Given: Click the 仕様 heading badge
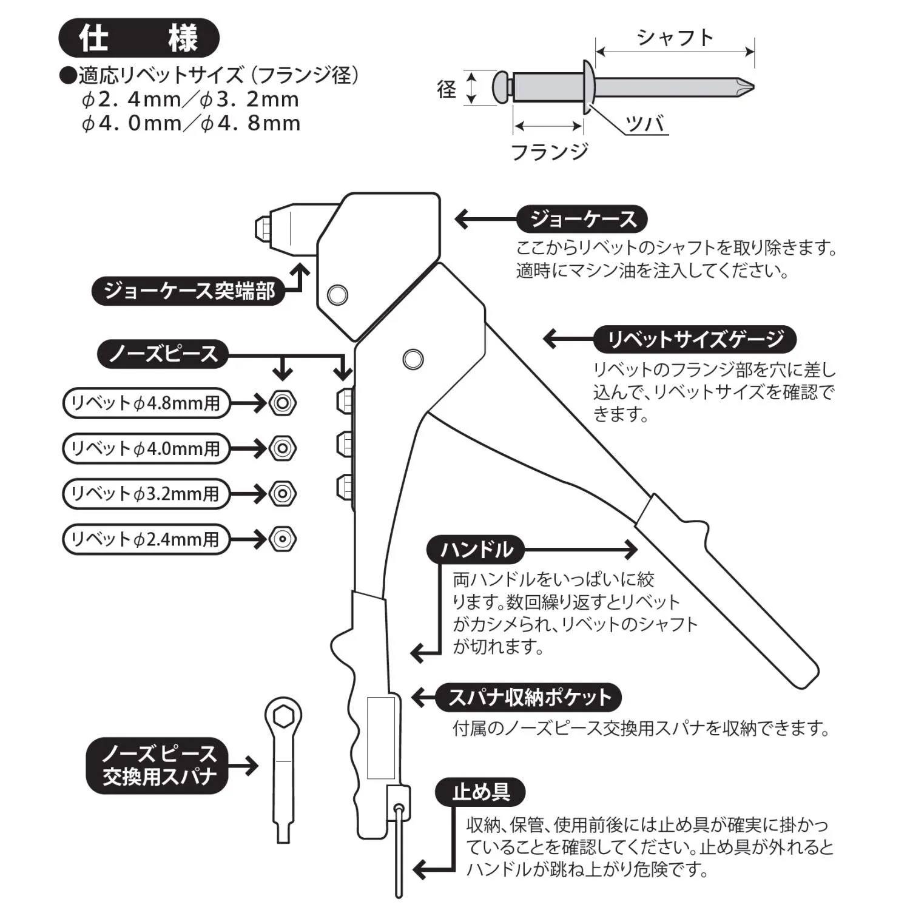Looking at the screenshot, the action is pyautogui.click(x=138, y=38).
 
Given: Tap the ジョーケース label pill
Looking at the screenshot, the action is pyautogui.click(x=582, y=219).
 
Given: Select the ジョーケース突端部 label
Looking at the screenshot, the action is pyautogui.click(x=189, y=291).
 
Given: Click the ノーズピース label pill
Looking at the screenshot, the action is pyautogui.click(x=163, y=354).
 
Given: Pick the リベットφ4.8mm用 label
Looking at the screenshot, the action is pyautogui.click(x=146, y=403).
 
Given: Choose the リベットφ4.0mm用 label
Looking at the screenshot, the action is pyautogui.click(x=146, y=449).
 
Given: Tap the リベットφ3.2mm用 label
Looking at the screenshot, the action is pyautogui.click(x=146, y=494).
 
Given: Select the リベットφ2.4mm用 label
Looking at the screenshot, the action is pyautogui.click(x=146, y=539).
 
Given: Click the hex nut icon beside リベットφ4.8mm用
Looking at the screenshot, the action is pyautogui.click(x=282, y=403).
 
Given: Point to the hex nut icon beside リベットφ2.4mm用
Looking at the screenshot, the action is pyautogui.click(x=282, y=539).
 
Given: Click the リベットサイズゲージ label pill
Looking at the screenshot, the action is pyautogui.click(x=695, y=339).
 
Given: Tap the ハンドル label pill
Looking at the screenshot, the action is pyautogui.click(x=476, y=550).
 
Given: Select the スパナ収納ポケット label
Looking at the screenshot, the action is pyautogui.click(x=529, y=698).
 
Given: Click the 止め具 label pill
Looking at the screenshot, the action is pyautogui.click(x=480, y=792).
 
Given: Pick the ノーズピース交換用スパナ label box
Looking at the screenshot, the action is pyautogui.click(x=157, y=766).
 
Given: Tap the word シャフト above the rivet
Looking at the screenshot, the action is pyautogui.click(x=675, y=38).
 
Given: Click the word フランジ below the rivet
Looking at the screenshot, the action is pyautogui.click(x=550, y=151).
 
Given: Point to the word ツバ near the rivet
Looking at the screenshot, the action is pyautogui.click(x=646, y=124).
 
